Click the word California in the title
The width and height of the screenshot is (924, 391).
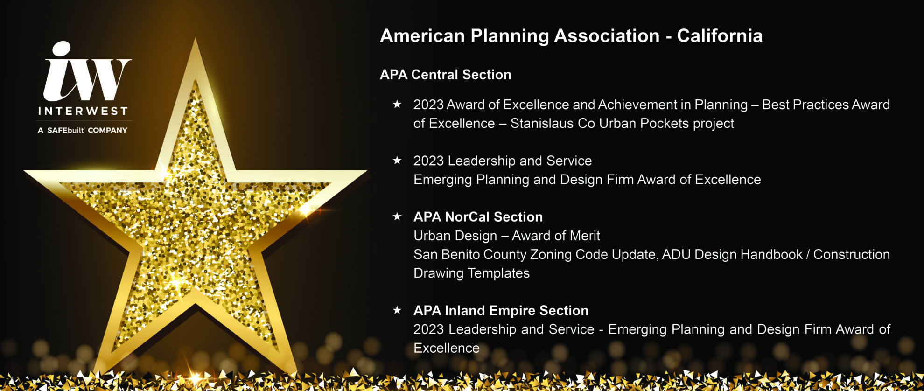(720, 36)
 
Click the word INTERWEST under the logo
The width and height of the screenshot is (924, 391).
(83, 111)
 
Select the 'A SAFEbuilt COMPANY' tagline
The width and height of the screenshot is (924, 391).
(83, 130)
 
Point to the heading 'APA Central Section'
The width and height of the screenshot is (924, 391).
(446, 75)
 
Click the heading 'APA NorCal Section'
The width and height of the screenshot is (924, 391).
(478, 217)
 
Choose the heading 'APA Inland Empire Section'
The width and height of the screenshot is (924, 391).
(501, 311)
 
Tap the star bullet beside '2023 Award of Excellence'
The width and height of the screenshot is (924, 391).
(397, 104)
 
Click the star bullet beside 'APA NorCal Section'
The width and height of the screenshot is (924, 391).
(397, 216)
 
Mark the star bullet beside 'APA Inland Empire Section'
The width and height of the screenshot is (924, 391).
(397, 310)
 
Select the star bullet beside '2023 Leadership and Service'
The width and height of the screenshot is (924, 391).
(397, 161)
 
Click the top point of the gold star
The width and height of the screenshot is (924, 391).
(195, 39)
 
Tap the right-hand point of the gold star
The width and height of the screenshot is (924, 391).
(366, 171)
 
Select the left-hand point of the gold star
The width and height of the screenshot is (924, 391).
(25, 171)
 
